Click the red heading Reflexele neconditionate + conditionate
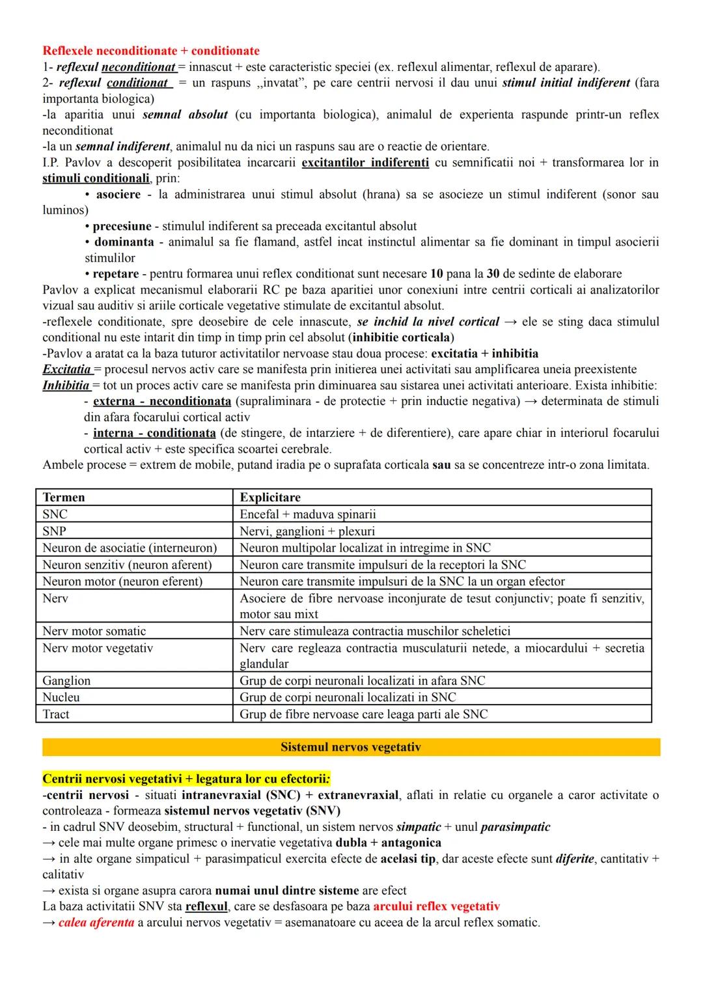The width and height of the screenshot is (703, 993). (151, 51)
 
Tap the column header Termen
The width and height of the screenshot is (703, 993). (64, 497)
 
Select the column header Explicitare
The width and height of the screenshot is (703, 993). (270, 497)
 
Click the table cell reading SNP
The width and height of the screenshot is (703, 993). (54, 531)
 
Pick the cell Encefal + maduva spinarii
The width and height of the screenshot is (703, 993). (308, 514)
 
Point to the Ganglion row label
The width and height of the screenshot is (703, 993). (66, 680)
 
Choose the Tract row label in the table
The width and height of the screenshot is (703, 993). (56, 714)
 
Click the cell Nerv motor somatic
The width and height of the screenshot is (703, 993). (94, 631)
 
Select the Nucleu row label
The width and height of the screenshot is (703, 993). (61, 697)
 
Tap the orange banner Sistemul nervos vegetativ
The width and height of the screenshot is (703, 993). (351, 747)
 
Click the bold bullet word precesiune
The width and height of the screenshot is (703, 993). (122, 226)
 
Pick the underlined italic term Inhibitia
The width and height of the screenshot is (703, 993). (66, 385)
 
